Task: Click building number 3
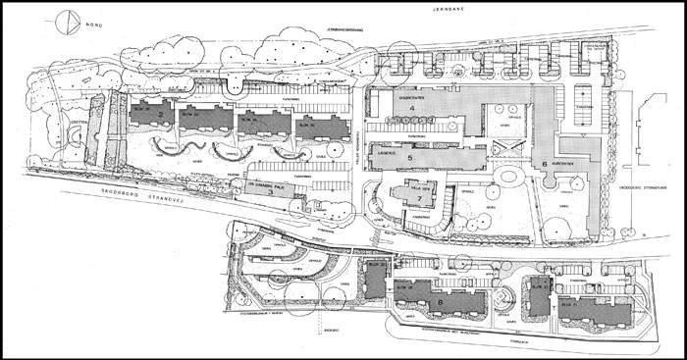(270, 193)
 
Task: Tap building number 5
(424, 156)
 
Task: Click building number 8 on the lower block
(442, 304)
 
